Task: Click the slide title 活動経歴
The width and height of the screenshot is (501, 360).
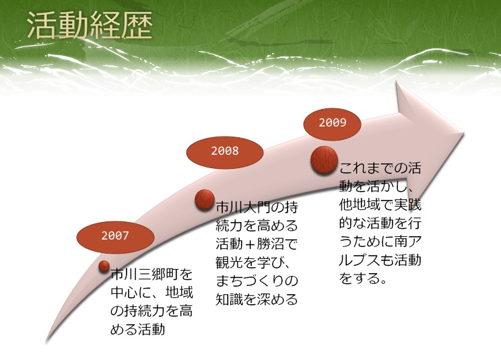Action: pos(90,26)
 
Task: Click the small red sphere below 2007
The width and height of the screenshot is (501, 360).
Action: pos(104,266)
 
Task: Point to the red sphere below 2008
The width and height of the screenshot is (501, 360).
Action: pos(205,199)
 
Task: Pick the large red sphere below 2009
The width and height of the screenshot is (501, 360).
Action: pos(325,160)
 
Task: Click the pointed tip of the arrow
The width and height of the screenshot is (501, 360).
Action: pos(463,133)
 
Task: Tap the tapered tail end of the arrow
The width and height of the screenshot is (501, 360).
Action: pos(47,341)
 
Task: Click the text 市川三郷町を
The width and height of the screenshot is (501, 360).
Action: pos(152,274)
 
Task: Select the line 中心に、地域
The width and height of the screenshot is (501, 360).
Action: pos(152,292)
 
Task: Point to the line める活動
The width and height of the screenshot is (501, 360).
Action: pos(138,329)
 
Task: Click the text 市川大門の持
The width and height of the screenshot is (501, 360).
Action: pos(257,207)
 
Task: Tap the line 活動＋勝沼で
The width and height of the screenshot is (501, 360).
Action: pos(257,244)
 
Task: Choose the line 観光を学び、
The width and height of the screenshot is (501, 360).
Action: pos(253,262)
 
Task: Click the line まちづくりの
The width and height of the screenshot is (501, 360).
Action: pos(257,281)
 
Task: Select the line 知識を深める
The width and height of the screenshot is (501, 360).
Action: pos(257,299)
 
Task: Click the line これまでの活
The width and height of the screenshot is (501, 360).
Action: pos(380,168)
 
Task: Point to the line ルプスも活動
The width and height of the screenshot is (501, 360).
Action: pos(380,260)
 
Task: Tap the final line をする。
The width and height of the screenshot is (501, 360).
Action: pos(363,279)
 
